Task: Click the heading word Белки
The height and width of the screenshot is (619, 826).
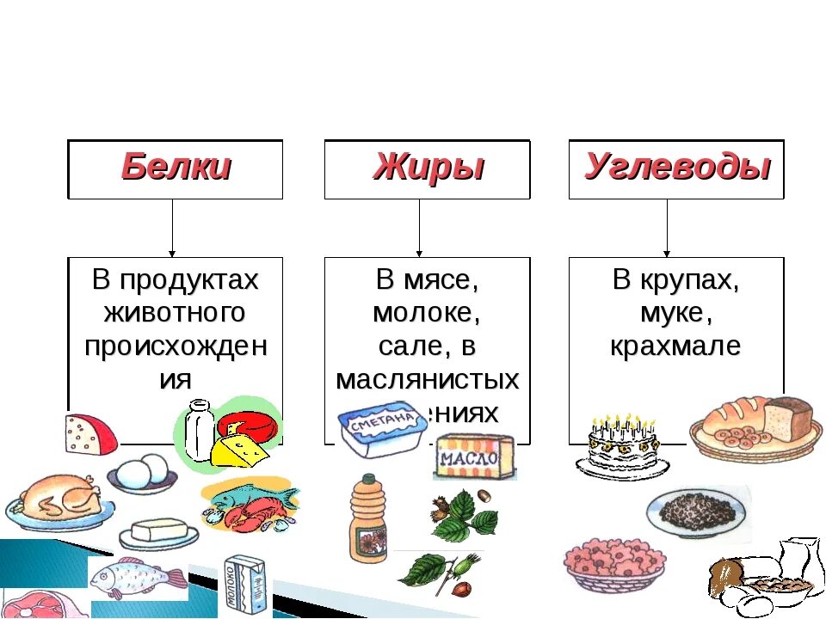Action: pyautogui.click(x=176, y=167)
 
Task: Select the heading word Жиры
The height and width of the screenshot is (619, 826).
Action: pyautogui.click(x=428, y=167)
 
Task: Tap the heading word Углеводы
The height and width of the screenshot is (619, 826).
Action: pyautogui.click(x=676, y=167)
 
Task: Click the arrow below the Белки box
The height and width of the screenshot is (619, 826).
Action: pyautogui.click(x=172, y=228)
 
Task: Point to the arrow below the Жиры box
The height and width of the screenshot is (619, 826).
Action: pyautogui.click(x=419, y=228)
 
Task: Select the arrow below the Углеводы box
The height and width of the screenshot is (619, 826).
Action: pyautogui.click(x=667, y=228)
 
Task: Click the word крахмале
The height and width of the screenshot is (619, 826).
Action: pyautogui.click(x=675, y=346)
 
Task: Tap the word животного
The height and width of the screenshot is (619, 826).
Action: pyautogui.click(x=175, y=313)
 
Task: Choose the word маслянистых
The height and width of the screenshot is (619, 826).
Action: pyautogui.click(x=428, y=379)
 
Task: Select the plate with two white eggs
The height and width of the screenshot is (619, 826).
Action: pyautogui.click(x=143, y=473)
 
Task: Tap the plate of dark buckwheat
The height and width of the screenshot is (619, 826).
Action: pyautogui.click(x=697, y=512)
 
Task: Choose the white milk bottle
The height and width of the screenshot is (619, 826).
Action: pyautogui.click(x=199, y=431)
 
